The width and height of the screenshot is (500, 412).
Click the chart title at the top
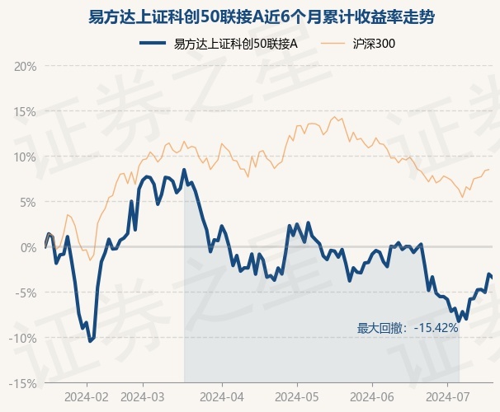coord(250,16)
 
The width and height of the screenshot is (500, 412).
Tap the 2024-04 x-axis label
coord(223,396)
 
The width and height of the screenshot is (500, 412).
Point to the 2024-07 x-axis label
coord(446,396)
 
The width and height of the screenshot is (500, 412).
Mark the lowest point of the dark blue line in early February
coord(90,340)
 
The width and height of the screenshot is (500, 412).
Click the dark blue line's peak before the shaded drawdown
coord(184,170)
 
